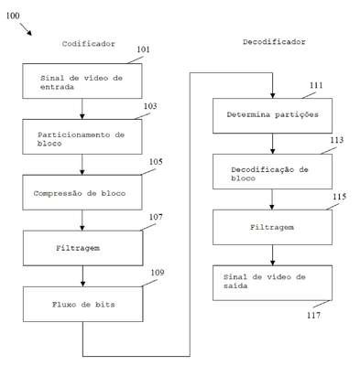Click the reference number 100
pyautogui.click(x=13, y=16)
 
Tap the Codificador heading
pyautogui.click(x=89, y=44)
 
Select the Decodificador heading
pyautogui.click(x=274, y=42)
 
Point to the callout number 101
pyautogui.click(x=143, y=49)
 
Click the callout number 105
pyautogui.click(x=156, y=162)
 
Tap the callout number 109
pyautogui.click(x=158, y=273)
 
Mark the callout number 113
pyautogui.click(x=336, y=140)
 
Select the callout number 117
pyautogui.click(x=314, y=315)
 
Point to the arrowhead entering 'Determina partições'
pyautogui.click(x=272, y=95)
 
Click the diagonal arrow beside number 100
pyautogui.click(x=26, y=29)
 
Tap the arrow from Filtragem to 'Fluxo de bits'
pyautogui.click(x=82, y=276)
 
